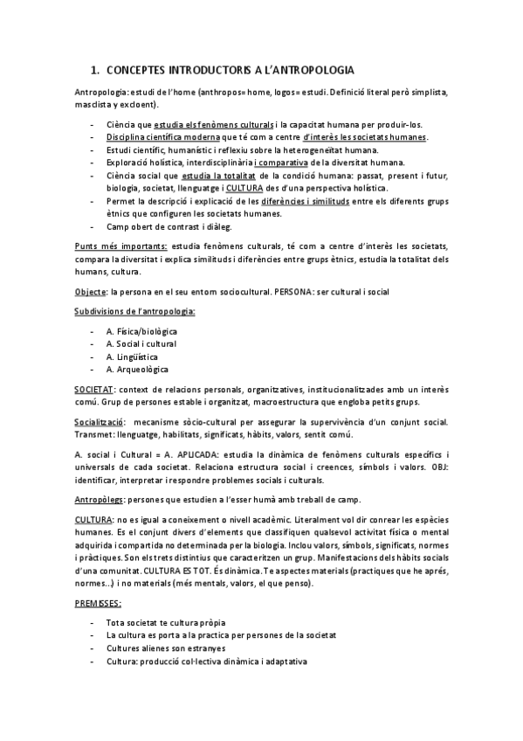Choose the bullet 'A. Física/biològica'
[x=141, y=332]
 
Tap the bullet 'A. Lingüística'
[x=132, y=357]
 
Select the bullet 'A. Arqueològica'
[x=136, y=369]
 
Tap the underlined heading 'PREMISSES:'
[x=98, y=603]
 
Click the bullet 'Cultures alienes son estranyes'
[x=167, y=648]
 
